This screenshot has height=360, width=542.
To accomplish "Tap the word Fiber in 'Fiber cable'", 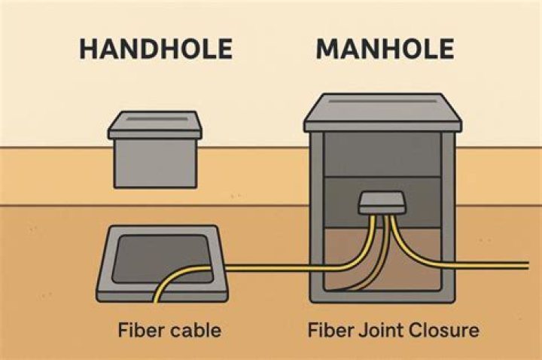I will (x=135, y=331).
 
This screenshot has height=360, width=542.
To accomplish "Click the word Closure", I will (x=437, y=331).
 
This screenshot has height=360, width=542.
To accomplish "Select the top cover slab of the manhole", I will (x=383, y=111).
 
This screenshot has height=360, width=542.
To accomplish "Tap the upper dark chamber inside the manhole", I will (x=383, y=154).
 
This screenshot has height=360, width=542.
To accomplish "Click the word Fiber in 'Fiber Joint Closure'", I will (x=325, y=331).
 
